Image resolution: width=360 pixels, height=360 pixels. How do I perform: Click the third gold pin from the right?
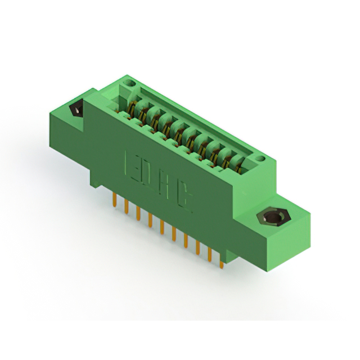coord(197,246)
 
